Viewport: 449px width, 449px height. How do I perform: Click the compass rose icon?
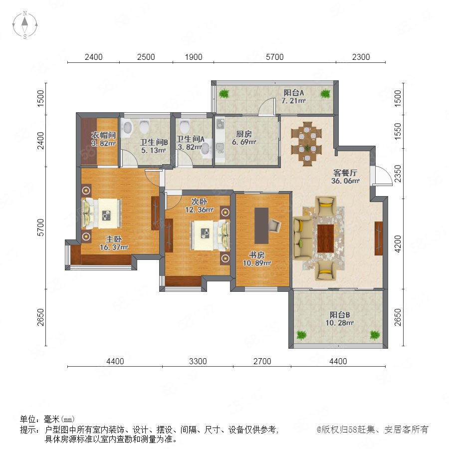(x=25, y=25)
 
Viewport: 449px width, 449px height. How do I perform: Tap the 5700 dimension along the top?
(x=274, y=57)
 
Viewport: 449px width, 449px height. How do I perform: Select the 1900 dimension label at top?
(x=194, y=57)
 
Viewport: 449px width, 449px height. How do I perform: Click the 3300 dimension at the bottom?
(x=198, y=361)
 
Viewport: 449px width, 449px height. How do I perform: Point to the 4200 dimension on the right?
(x=398, y=244)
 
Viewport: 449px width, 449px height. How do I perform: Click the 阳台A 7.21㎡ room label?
(x=293, y=96)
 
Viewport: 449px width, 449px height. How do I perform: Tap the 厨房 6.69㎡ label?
(x=244, y=138)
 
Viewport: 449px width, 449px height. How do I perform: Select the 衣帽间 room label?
(x=103, y=135)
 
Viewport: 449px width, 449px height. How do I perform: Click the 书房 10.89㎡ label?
(x=257, y=259)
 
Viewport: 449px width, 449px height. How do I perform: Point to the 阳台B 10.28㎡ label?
(x=340, y=319)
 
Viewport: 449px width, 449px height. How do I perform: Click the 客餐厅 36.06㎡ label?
(x=345, y=177)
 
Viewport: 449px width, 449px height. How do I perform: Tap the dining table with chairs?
(x=307, y=144)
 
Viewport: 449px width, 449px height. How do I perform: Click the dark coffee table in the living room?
(x=326, y=238)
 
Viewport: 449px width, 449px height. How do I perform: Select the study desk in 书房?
(x=261, y=225)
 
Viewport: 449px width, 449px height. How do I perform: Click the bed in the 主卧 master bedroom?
(x=102, y=214)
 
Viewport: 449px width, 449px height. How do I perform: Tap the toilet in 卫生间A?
(x=185, y=126)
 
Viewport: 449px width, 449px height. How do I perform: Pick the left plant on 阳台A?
(x=224, y=94)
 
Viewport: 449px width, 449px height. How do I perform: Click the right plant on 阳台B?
(x=375, y=335)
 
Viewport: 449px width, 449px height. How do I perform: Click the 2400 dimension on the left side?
(x=41, y=140)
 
